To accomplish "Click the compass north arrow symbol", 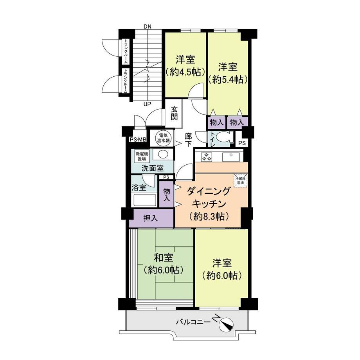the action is pyautogui.click(x=226, y=324).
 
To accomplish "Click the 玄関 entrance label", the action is pyautogui.click(x=174, y=113).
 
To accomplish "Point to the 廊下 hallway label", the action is pyautogui.click(x=189, y=140).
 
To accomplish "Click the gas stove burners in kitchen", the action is pyautogui.click(x=206, y=157).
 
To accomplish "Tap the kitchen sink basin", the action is pyautogui.click(x=231, y=157).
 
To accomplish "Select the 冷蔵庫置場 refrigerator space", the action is pyautogui.click(x=241, y=180).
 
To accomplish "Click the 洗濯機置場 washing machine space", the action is pyautogui.click(x=142, y=156).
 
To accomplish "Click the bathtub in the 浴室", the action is pyautogui.click(x=145, y=200).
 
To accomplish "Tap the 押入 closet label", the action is pyautogui.click(x=151, y=218).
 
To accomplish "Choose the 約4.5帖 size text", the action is pyautogui.click(x=185, y=72).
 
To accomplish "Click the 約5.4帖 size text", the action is pyautogui.click(x=227, y=79).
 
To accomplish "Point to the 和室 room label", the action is pyautogui.click(x=163, y=258).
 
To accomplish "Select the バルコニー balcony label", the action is pyautogui.click(x=193, y=322).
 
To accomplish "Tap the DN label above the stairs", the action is pyautogui.click(x=148, y=26).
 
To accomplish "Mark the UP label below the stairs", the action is pyautogui.click(x=147, y=104).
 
